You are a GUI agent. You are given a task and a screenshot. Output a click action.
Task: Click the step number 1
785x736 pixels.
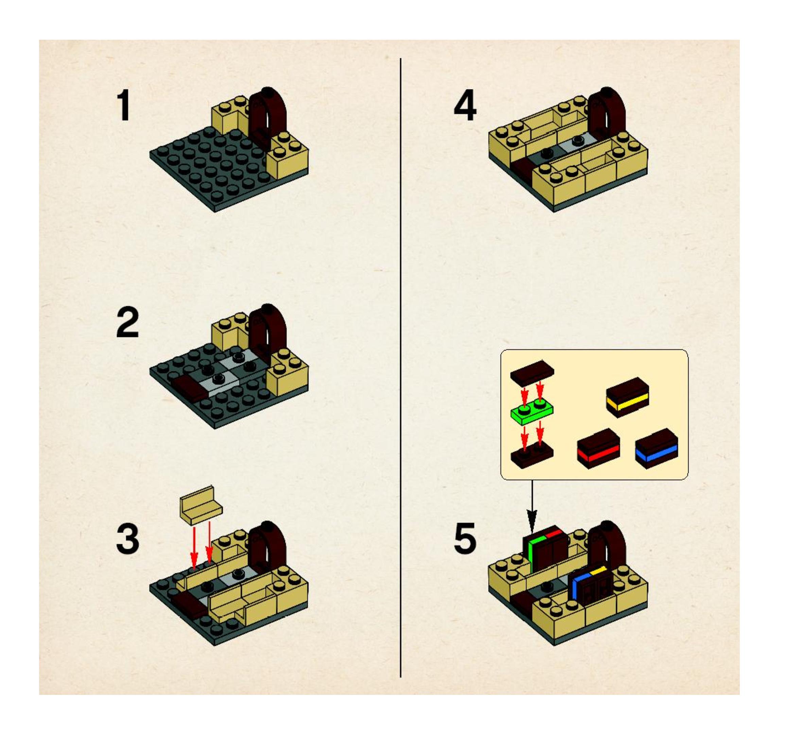pyautogui.click(x=125, y=105)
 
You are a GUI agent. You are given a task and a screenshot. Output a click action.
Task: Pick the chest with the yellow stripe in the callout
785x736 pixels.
pyautogui.click(x=627, y=397)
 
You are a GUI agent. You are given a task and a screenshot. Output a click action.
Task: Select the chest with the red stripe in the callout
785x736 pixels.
pyautogui.click(x=598, y=448)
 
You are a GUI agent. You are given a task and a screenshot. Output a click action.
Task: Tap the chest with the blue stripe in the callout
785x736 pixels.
pyautogui.click(x=656, y=448)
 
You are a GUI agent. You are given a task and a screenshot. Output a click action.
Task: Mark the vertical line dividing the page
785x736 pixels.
pyautogui.click(x=400, y=367)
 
